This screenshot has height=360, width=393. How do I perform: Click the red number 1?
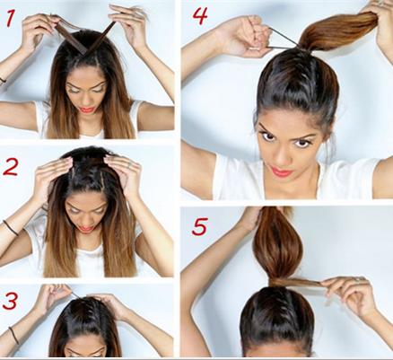(x=10, y=18)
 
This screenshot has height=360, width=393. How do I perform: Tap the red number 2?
(x=11, y=167)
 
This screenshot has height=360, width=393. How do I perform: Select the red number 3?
(x=10, y=301)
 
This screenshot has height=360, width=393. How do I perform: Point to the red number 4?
(x=200, y=15)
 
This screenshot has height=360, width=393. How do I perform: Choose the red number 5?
(x=199, y=226)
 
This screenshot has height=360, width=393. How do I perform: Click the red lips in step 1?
(x=87, y=110)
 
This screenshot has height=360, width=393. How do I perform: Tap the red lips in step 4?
(x=280, y=171)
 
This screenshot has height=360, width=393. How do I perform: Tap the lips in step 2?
(x=85, y=229)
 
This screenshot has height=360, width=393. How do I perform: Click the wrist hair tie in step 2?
(x=10, y=227)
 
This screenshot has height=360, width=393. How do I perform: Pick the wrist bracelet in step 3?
(x=13, y=335)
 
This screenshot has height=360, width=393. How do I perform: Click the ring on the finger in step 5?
(x=357, y=279)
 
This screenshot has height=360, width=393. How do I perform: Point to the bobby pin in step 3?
(x=75, y=294)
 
